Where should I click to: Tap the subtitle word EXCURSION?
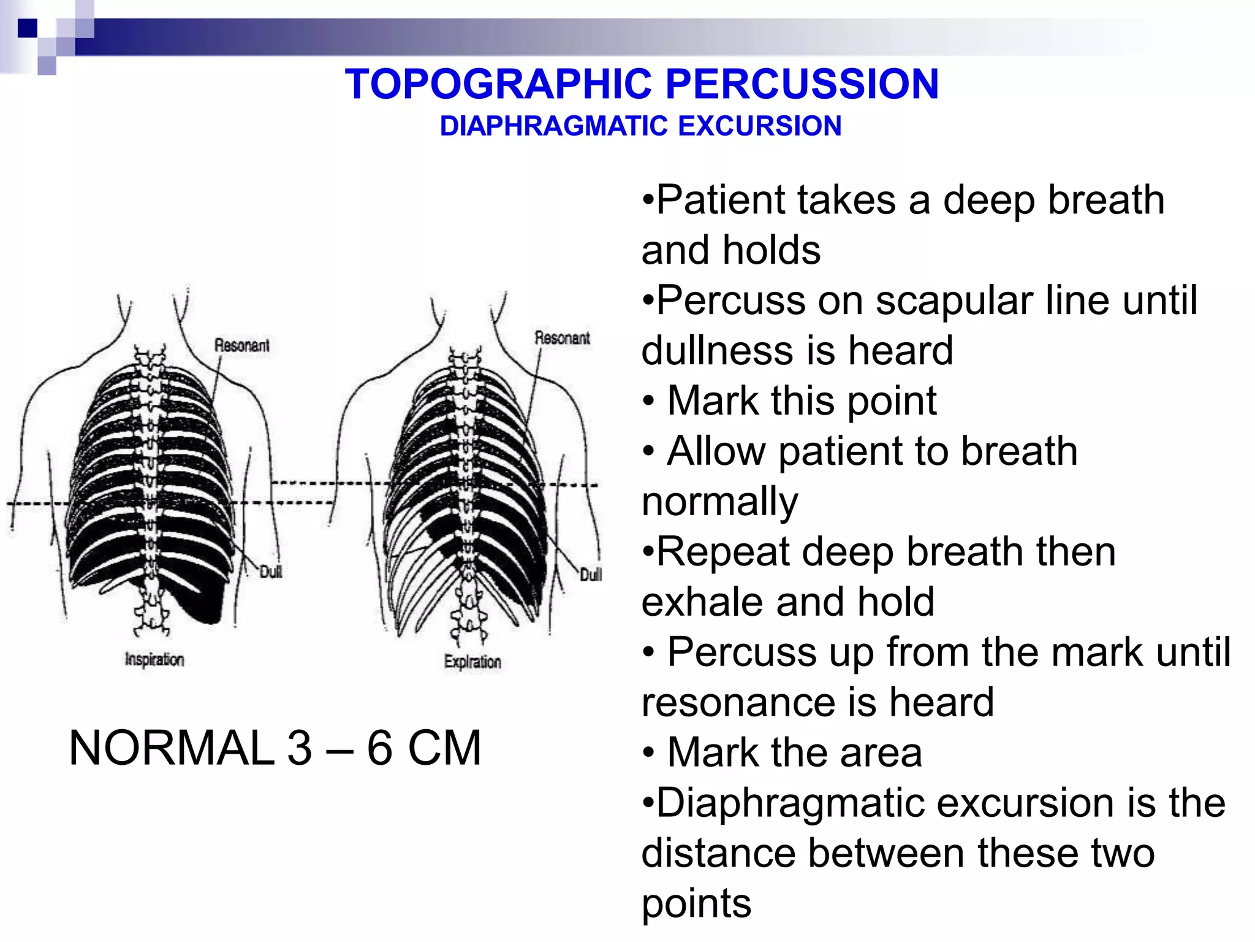760,126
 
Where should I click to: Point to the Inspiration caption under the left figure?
154,660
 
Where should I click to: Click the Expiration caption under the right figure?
472,662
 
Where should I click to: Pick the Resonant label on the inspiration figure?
241,345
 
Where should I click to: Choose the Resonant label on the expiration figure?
562,338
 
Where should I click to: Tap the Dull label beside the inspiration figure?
270,572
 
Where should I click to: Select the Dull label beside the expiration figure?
591,574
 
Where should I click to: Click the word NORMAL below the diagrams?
172,748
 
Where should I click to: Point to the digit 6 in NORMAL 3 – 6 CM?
379,748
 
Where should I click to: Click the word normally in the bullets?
720,502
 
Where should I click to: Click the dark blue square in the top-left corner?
28,28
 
